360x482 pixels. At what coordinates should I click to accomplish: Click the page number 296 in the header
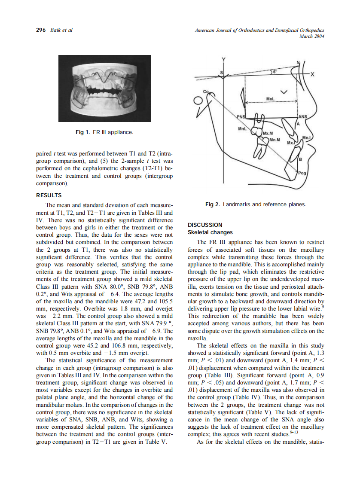click(x=40, y=30)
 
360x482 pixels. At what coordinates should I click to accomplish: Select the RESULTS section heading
click(x=49, y=195)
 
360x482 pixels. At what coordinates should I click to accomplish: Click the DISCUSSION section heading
click(x=205, y=225)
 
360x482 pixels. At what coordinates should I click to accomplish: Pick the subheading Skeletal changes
click(x=210, y=232)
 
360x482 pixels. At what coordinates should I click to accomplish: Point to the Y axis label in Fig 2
click(x=223, y=59)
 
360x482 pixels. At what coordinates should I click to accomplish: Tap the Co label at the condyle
click(x=206, y=92)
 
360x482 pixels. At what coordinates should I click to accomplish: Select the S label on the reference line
click(x=221, y=73)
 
